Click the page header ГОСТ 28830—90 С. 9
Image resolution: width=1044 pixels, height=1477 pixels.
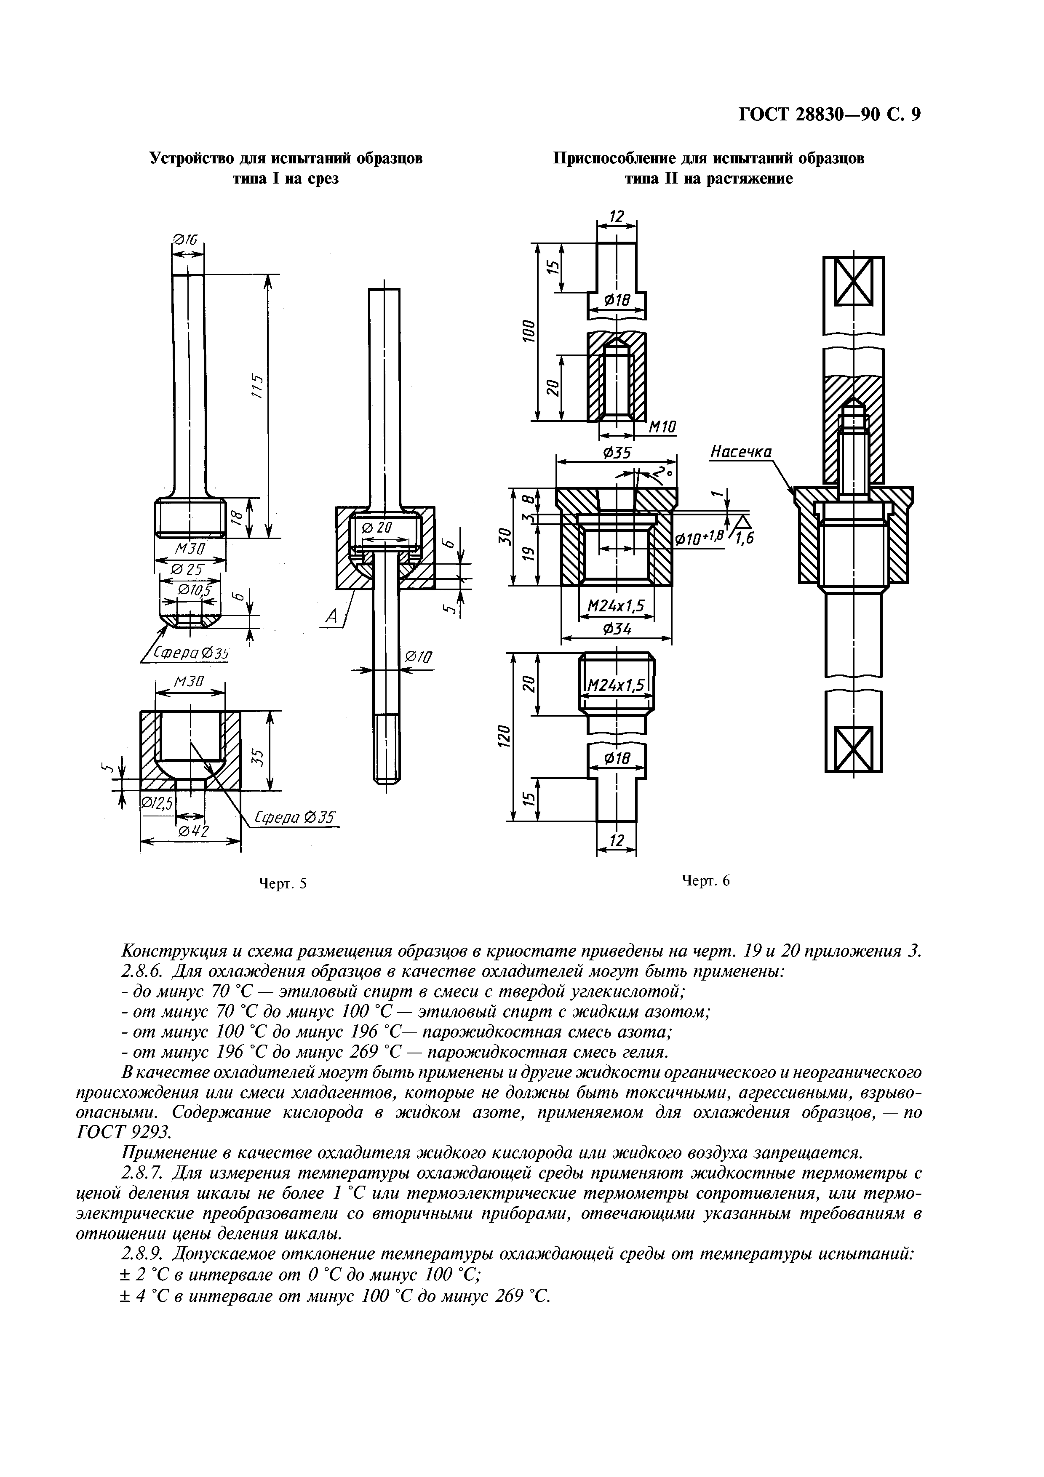click(829, 115)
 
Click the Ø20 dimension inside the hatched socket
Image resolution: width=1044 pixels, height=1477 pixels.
click(376, 528)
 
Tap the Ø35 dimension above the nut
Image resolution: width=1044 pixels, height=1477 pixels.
click(616, 453)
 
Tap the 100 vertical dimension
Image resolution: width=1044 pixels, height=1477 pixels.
click(527, 331)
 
